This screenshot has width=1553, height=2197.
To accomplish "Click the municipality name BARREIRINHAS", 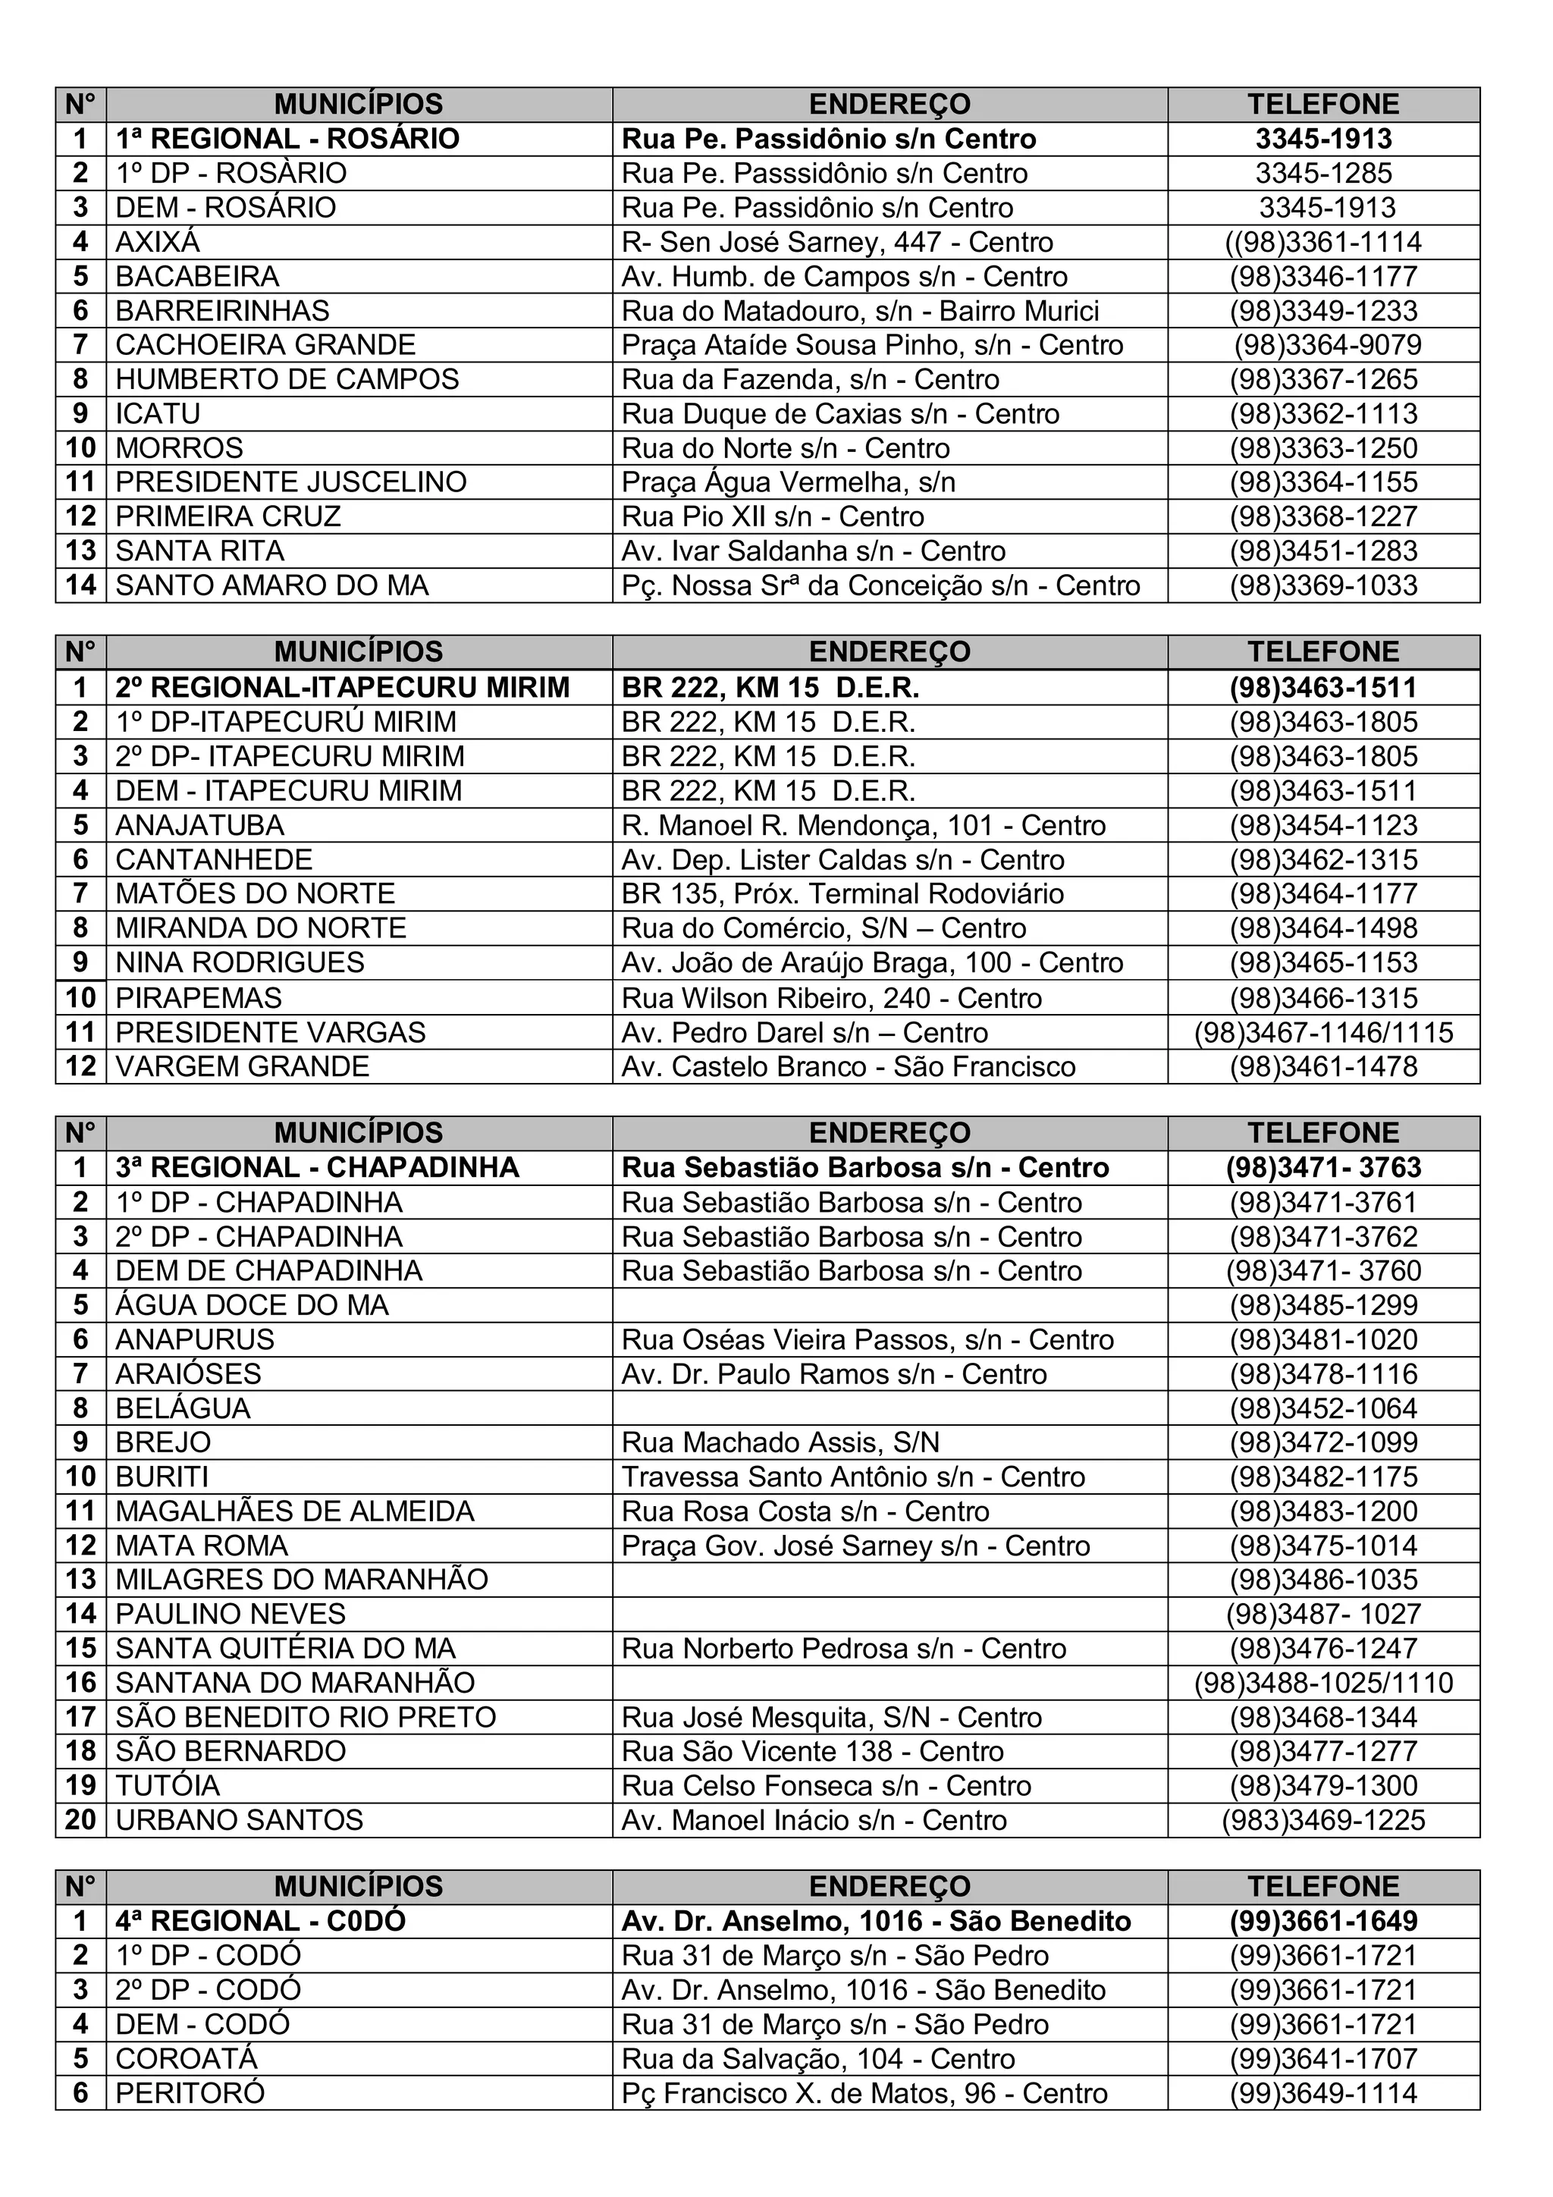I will click(222, 311).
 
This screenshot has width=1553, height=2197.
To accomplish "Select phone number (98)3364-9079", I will click(1327, 345).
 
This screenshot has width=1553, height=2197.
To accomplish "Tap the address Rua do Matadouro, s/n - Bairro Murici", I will click(859, 311).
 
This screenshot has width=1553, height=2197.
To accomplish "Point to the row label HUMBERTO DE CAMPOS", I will click(287, 380).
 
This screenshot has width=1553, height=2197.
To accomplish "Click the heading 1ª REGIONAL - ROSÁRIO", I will click(287, 140).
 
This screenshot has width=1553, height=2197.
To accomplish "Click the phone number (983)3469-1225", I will click(1323, 1821).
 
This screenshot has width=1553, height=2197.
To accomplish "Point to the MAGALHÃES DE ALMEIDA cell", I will click(295, 1512).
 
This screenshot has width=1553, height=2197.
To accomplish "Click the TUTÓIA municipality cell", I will click(168, 1787).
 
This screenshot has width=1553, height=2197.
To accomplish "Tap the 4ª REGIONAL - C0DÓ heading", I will click(260, 1922).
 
